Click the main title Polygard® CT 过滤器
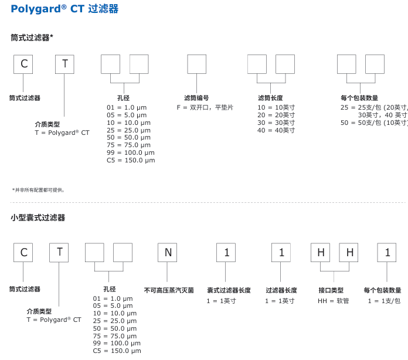tap(64, 9)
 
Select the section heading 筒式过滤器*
tap(32, 37)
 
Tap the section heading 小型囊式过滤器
tap(38, 218)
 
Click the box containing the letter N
tap(167, 252)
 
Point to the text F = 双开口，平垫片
tap(205, 107)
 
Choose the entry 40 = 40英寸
tap(276, 130)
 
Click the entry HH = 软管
tap(333, 301)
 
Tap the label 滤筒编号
tap(196, 99)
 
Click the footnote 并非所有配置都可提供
tap(39, 190)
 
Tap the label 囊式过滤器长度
tap(229, 290)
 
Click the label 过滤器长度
tap(281, 290)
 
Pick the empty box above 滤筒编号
tap(196, 64)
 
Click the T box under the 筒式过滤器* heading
tap(64, 64)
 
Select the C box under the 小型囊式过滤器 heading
tap(24, 252)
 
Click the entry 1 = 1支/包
tap(384, 301)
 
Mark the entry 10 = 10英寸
tap(276, 107)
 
